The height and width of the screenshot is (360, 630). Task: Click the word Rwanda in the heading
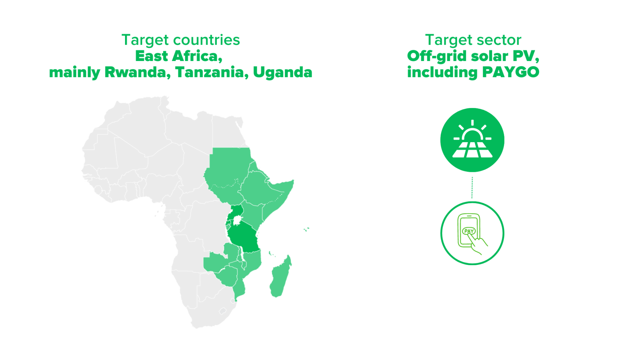pyautogui.click(x=137, y=72)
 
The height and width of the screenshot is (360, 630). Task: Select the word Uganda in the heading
pyautogui.click(x=283, y=72)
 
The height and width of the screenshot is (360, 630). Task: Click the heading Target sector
pyautogui.click(x=473, y=40)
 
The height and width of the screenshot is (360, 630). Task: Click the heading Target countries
pyautogui.click(x=181, y=40)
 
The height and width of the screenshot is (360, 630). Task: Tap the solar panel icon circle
pyautogui.click(x=472, y=140)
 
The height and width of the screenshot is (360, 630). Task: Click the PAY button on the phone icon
pyautogui.click(x=469, y=231)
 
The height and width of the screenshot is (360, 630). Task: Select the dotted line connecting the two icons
pyautogui.click(x=472, y=187)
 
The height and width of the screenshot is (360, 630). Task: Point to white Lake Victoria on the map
pyautogui.click(x=237, y=221)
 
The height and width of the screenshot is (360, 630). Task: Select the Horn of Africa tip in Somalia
pyautogui.click(x=293, y=181)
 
